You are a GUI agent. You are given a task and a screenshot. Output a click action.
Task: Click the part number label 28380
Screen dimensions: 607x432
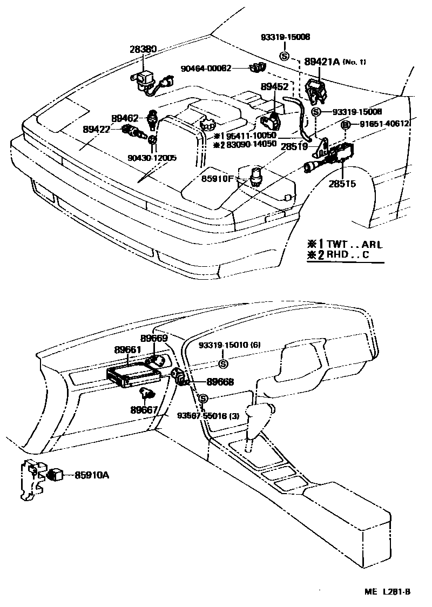click(x=143, y=49)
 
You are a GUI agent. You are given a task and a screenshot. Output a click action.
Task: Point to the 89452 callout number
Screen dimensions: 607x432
click(x=274, y=86)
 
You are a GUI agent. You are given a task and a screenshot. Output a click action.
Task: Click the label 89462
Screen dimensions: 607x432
click(x=126, y=118)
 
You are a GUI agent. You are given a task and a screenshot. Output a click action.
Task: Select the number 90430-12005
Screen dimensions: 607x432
click(x=152, y=158)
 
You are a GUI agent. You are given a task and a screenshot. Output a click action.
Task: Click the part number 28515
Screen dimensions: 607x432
click(x=342, y=184)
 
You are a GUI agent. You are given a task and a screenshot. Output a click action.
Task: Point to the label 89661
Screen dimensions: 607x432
click(x=127, y=349)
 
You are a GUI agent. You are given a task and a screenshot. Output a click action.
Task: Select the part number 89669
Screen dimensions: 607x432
click(x=154, y=339)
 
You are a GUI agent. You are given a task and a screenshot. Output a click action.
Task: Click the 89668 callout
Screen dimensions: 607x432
click(x=220, y=382)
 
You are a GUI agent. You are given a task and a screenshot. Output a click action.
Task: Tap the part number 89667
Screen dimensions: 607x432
click(x=144, y=410)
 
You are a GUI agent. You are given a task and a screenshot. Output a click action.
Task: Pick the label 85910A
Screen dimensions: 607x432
click(x=92, y=475)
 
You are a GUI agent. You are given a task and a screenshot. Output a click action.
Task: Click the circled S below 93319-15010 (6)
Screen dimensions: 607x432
click(x=223, y=363)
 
